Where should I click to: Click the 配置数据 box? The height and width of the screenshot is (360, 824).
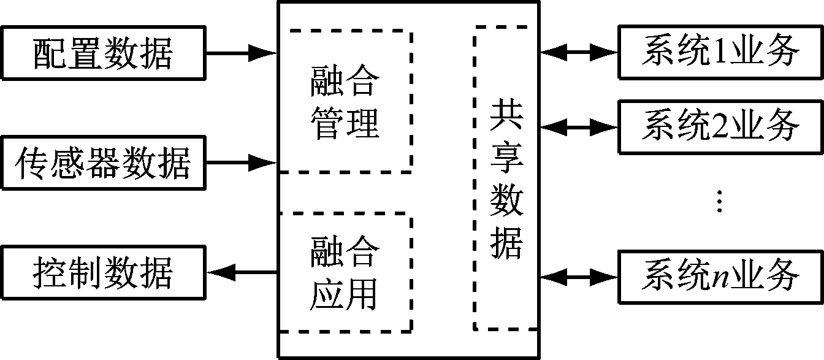tap(102, 53)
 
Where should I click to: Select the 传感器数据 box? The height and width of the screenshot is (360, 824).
tap(102, 163)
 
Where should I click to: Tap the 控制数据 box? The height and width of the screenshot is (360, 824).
tap(102, 272)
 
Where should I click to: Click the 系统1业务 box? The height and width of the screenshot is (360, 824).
tap(720, 52)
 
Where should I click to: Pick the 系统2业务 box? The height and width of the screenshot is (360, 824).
tap(720, 126)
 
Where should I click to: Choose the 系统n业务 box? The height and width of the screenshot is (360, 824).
tap(720, 276)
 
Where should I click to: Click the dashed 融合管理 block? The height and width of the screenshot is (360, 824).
tap(345, 100)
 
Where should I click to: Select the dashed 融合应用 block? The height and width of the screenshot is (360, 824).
tap(345, 272)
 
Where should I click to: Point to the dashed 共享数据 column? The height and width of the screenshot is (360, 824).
tap(501, 178)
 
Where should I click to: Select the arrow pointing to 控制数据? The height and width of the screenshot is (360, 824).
tap(242, 272)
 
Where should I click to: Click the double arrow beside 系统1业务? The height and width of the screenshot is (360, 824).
tap(579, 53)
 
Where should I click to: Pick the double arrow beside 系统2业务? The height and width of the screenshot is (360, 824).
tap(579, 127)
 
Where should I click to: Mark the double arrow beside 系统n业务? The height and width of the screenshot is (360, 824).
tap(579, 276)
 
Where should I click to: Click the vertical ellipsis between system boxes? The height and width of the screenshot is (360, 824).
tap(720, 201)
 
